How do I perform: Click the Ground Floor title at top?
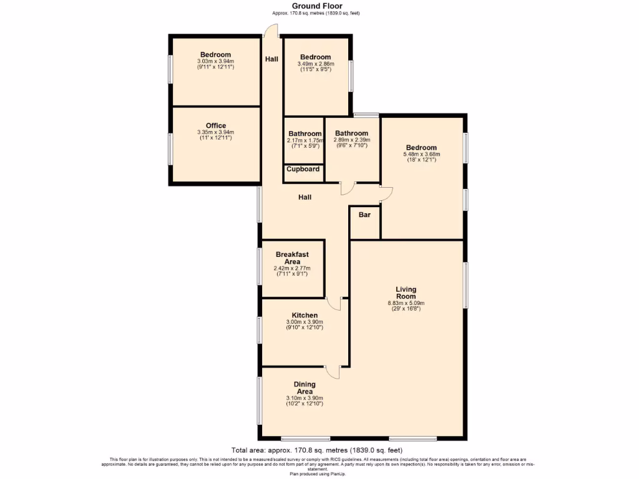(316, 6)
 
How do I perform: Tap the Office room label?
(215, 125)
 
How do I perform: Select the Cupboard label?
(303, 169)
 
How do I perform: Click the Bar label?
(364, 215)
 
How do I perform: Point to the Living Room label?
(406, 293)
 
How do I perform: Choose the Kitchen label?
(305, 316)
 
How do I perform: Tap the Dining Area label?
(305, 388)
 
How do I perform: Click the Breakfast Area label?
(292, 258)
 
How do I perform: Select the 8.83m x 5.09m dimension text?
(406, 304)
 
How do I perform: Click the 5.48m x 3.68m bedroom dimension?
(422, 154)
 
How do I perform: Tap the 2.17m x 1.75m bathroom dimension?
(305, 141)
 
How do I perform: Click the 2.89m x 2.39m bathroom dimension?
(351, 140)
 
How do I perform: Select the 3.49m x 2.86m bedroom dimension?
(316, 64)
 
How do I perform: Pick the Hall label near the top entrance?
(271, 59)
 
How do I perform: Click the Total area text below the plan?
(316, 450)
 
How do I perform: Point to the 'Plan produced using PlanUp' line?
(319, 473)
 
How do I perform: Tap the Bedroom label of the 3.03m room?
(215, 54)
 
